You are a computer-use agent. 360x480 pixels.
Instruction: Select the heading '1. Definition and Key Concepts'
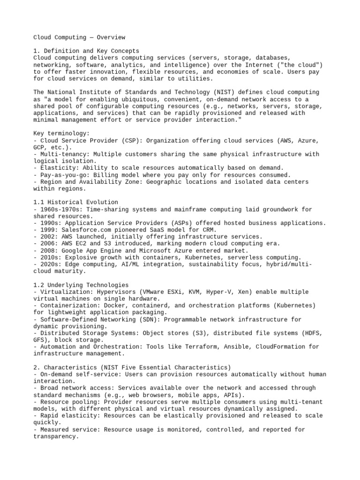tap(86, 51)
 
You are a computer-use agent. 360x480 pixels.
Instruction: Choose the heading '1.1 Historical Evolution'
tap(74, 202)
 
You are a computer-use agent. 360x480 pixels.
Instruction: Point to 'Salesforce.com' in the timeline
tap(88, 230)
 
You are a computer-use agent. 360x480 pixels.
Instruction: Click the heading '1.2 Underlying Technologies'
tap(81, 285)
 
